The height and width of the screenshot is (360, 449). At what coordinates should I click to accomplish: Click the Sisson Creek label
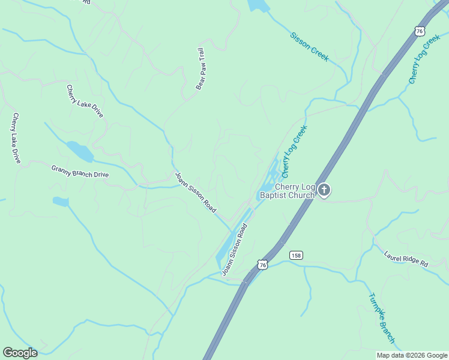pos(309,46)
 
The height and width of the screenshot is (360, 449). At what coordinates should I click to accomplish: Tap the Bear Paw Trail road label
pos(200,69)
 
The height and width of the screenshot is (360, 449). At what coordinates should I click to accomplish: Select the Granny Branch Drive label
pos(80,171)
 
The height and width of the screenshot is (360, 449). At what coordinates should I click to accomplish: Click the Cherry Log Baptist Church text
pos(286,191)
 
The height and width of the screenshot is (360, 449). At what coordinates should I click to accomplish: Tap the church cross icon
pos(324,191)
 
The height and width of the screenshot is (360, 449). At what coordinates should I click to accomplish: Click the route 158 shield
pos(296,255)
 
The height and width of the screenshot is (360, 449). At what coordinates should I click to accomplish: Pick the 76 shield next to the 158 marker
pos(262,264)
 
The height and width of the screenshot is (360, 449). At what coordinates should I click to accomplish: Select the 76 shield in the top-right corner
pos(420,31)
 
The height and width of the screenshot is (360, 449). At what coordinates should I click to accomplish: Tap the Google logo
pos(20,353)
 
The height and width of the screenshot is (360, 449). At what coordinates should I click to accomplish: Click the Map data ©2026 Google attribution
pos(412,355)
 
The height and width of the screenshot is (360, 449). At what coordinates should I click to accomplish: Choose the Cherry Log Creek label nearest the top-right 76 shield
pos(424,59)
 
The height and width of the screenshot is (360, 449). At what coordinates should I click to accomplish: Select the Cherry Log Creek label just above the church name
pos(294,151)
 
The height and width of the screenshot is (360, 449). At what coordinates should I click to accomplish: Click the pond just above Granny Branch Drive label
pos(80,151)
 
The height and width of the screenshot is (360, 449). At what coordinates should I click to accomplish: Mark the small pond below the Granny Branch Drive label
pos(61,202)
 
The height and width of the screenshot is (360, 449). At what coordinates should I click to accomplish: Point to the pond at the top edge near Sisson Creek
pos(259,5)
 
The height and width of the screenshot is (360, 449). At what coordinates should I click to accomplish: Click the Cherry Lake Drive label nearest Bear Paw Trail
pos(85,101)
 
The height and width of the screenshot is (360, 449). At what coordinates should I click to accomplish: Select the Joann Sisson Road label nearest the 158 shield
pos(235,250)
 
